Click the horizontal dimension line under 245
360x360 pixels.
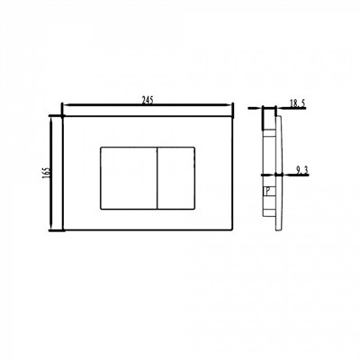pyautogui.click(x=148, y=111)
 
